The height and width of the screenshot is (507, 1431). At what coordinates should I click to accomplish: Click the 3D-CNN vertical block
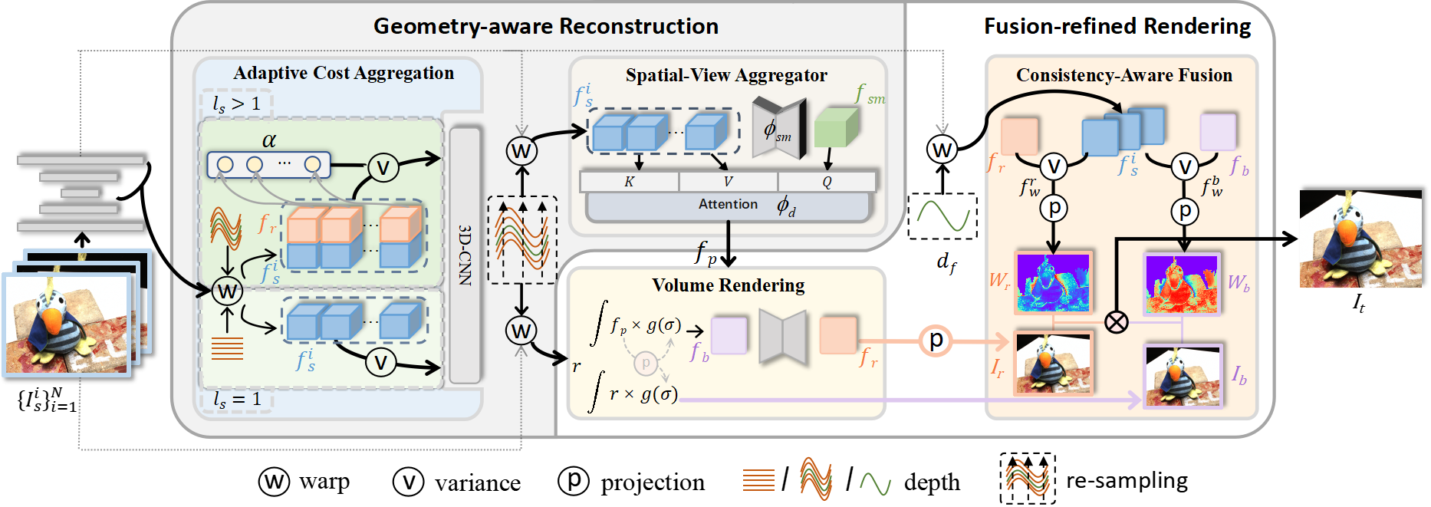465,255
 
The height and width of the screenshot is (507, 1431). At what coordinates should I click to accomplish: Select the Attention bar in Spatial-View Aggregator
728,205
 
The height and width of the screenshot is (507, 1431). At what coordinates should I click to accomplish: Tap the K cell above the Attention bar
629,182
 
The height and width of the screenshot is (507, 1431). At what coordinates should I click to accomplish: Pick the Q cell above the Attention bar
827,182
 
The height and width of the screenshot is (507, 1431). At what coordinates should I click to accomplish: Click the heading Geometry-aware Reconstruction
545,26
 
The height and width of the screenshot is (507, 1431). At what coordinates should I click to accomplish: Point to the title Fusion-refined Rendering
1117,26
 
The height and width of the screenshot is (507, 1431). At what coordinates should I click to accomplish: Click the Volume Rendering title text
728,285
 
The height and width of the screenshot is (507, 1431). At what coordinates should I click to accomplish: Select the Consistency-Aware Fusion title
1123,75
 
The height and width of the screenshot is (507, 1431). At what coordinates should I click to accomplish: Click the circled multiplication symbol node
1117,322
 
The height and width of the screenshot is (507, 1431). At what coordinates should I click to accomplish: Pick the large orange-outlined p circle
936,341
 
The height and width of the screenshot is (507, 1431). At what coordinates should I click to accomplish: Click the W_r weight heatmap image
1054,281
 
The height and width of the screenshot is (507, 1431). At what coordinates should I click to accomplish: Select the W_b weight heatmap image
1182,284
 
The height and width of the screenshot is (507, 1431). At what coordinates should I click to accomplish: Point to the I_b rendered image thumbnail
1182,376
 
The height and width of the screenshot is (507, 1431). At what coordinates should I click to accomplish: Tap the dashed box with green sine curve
942,216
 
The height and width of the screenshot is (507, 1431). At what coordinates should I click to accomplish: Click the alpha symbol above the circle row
268,140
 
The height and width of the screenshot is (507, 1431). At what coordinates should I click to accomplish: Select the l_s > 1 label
237,104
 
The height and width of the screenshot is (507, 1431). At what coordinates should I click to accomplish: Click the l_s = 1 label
237,399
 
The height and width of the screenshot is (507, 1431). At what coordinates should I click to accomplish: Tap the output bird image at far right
1360,240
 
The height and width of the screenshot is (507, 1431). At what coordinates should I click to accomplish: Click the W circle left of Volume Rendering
521,331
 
